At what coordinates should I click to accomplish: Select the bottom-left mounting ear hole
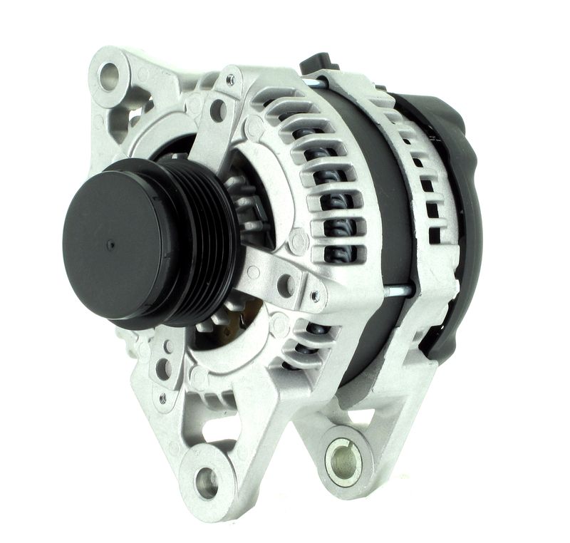[207, 482]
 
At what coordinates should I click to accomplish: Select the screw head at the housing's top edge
[230, 80]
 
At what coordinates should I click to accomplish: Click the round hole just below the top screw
[218, 110]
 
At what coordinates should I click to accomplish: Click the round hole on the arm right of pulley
[286, 285]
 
